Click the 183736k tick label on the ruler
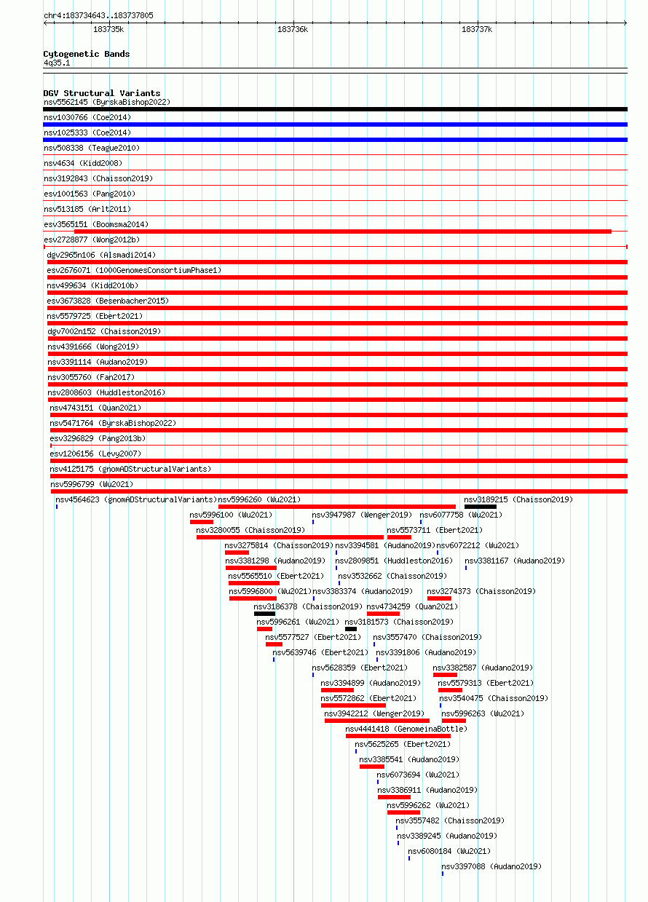pos(293,29)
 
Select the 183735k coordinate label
pos(108,29)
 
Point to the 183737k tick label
pos(477,29)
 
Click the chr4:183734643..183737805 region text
pos(98,16)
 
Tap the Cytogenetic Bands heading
pos(86,54)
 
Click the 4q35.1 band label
pos(57,63)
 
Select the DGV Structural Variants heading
pos(101,93)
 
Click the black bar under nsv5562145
pos(335,109)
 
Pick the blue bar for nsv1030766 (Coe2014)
pos(335,124)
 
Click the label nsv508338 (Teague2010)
pos(92,149)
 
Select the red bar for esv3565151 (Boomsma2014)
pos(343,232)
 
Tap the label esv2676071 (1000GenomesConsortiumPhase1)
pos(134,270)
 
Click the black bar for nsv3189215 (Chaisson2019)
pos(481,507)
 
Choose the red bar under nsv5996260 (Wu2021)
pos(337,507)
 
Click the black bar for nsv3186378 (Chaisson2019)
pos(264,614)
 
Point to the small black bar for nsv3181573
pos(351,629)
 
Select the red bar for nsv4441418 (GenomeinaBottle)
pos(398,736)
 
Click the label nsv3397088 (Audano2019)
pos(491,866)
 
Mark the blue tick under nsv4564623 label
pos(57,507)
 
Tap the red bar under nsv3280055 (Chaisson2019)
pos(290,537)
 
